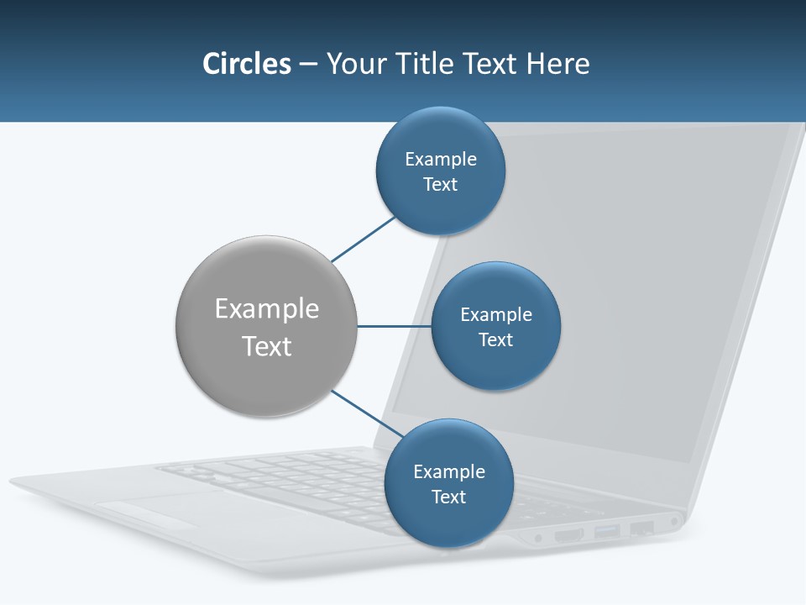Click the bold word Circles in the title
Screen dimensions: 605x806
(247, 64)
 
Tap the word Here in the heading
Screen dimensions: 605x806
(557, 64)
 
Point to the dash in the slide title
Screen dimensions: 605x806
(307, 65)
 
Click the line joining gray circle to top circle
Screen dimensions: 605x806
(363, 239)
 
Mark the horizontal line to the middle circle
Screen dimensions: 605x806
(395, 326)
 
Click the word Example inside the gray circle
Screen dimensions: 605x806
(267, 309)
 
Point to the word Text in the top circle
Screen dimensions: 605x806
(441, 185)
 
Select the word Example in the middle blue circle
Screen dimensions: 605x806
(496, 315)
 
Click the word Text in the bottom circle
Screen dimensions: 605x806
(449, 497)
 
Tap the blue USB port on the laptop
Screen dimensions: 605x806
(607, 531)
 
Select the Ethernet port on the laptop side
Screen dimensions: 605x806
(641, 528)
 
